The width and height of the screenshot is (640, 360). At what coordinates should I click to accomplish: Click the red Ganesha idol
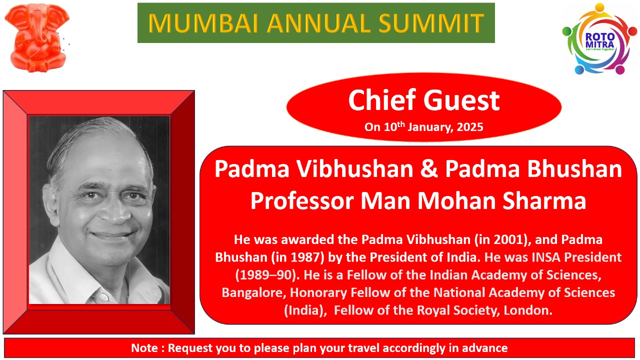pos(37,37)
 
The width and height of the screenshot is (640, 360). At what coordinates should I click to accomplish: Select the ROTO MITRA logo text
pos(599,40)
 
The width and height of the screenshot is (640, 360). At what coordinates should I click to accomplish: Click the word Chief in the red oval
pos(382,100)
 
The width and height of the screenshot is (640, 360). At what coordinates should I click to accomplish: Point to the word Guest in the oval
pos(461,100)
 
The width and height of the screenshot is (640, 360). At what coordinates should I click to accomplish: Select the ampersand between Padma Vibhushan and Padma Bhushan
pos(429,169)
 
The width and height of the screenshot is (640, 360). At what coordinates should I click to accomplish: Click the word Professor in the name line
pos(302,201)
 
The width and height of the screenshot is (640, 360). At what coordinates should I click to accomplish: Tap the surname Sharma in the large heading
pos(544,201)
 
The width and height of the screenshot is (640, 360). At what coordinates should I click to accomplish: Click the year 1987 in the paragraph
pos(305,257)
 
